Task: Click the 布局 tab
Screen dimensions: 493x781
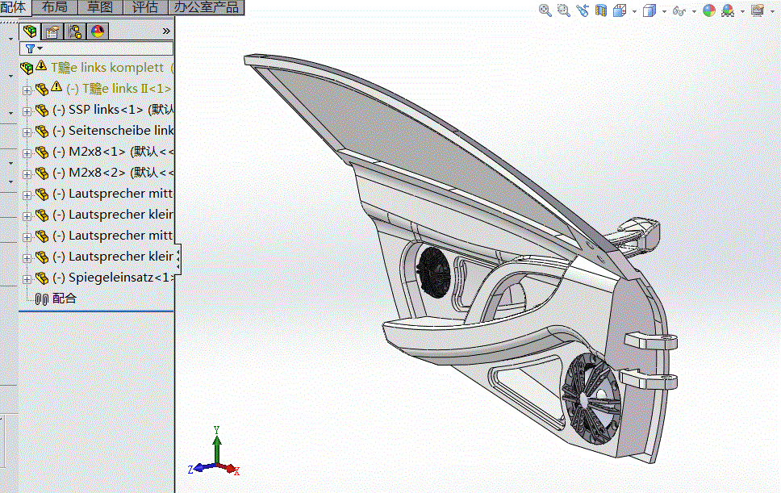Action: tap(55, 7)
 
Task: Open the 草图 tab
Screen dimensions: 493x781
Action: tap(101, 7)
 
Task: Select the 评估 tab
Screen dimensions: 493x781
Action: tap(145, 7)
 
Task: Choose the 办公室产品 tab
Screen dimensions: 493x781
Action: tap(207, 7)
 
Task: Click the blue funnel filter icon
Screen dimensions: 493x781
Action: tap(31, 48)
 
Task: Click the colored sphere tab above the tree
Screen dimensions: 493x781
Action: tap(97, 31)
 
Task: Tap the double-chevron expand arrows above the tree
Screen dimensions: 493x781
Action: tap(166, 31)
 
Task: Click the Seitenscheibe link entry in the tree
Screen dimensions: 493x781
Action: tap(113, 131)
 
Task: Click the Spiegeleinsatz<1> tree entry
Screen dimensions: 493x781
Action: tap(113, 278)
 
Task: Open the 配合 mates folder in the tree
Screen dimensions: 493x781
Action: tap(64, 299)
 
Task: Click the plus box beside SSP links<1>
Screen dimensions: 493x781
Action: tap(27, 111)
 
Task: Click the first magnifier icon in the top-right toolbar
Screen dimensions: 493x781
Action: tap(545, 10)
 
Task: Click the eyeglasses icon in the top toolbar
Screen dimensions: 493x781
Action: tap(679, 10)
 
